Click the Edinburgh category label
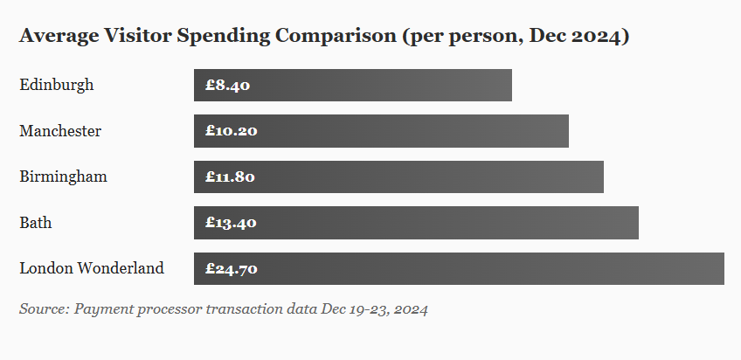pyautogui.click(x=56, y=85)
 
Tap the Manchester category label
pyautogui.click(x=60, y=131)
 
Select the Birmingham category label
pyautogui.click(x=63, y=177)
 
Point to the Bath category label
pyautogui.click(x=35, y=223)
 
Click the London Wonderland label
pyautogui.click(x=91, y=268)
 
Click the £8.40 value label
pyautogui.click(x=228, y=86)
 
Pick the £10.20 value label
pyautogui.click(x=232, y=131)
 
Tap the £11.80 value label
pyautogui.click(x=231, y=177)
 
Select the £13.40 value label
pyautogui.click(x=231, y=223)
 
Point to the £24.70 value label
pyautogui.click(x=232, y=269)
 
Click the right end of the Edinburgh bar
pyautogui.click(x=509, y=86)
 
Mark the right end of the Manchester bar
pyautogui.click(x=566, y=131)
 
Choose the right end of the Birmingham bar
pyautogui.click(x=601, y=177)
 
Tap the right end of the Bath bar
pyautogui.click(x=636, y=223)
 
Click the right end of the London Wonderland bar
pyautogui.click(x=722, y=269)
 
